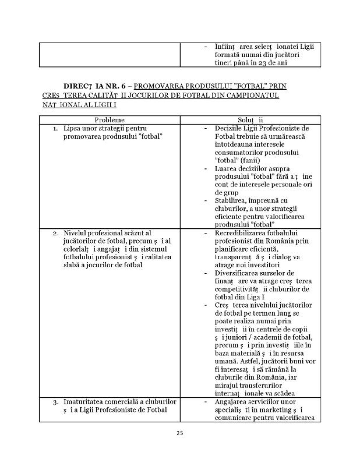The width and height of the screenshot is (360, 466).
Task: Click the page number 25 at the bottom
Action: [180, 433]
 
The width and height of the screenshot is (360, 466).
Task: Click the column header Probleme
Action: [109, 120]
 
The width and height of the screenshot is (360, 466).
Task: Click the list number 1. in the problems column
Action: [55, 128]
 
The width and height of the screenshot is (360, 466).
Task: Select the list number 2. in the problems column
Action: [55, 233]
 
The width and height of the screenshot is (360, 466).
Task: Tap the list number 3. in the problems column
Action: [55, 402]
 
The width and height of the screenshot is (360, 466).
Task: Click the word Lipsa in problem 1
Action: [71, 128]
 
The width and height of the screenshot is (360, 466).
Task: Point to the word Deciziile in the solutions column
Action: [228, 128]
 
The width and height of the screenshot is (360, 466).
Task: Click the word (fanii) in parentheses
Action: [249, 161]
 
